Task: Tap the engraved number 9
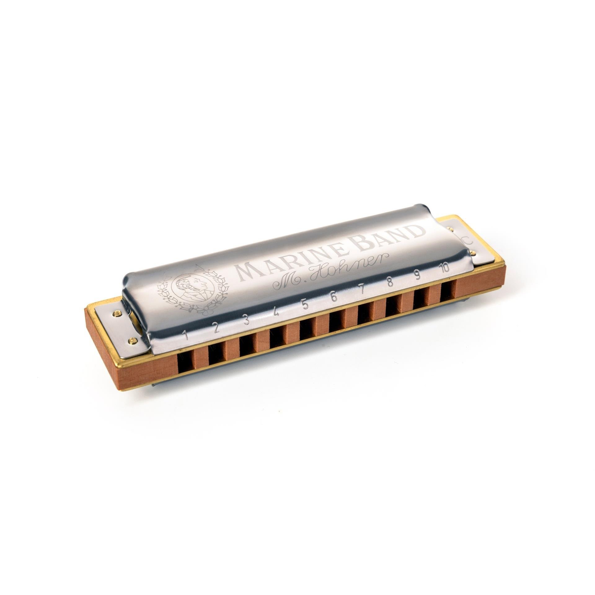[x=417, y=275]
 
